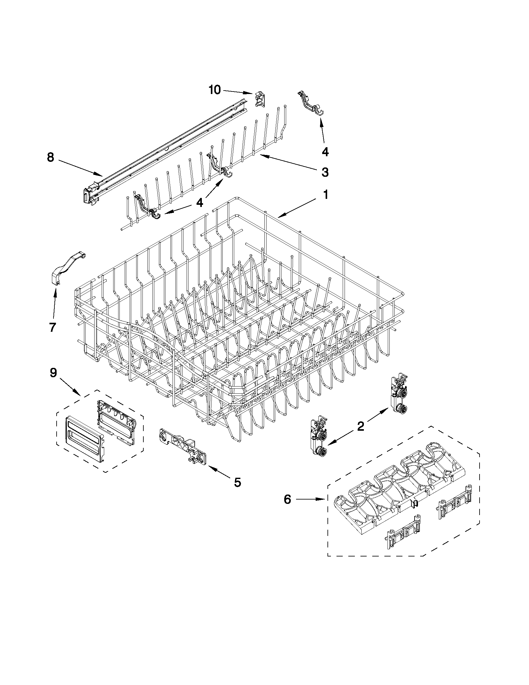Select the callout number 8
(x=50, y=157)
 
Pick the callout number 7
(x=53, y=327)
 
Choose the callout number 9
(x=53, y=373)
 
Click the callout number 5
(x=238, y=482)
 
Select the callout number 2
(x=360, y=426)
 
